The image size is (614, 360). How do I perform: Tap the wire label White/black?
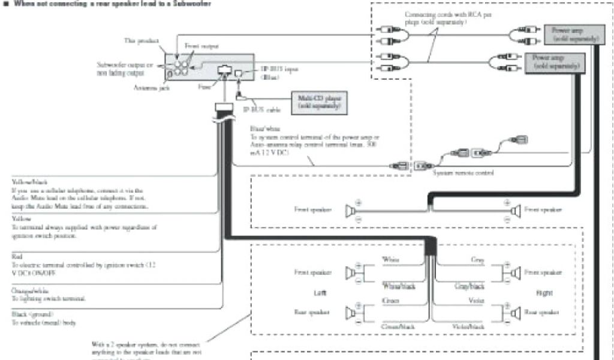pyautogui.click(x=399, y=287)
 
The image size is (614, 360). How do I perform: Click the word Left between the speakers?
pyautogui.click(x=319, y=293)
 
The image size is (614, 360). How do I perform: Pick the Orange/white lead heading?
pyautogui.click(x=28, y=290)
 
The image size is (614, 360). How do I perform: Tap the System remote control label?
pyautogui.click(x=463, y=173)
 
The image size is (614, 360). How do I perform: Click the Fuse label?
pyautogui.click(x=204, y=86)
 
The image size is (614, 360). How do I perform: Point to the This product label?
pyautogui.click(x=141, y=41)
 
